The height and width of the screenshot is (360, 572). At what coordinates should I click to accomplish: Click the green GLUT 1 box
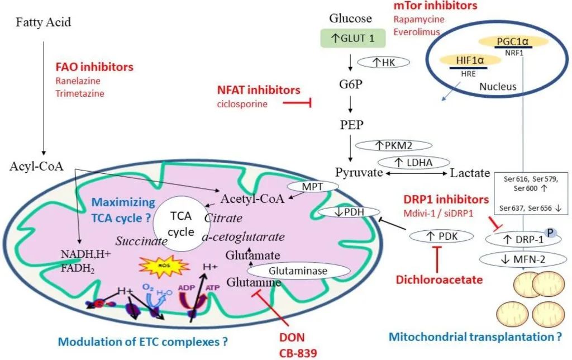coord(350,38)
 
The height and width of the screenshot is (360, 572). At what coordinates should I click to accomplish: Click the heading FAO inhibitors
coord(94,67)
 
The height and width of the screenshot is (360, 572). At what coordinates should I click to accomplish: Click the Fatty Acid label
coord(43,23)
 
